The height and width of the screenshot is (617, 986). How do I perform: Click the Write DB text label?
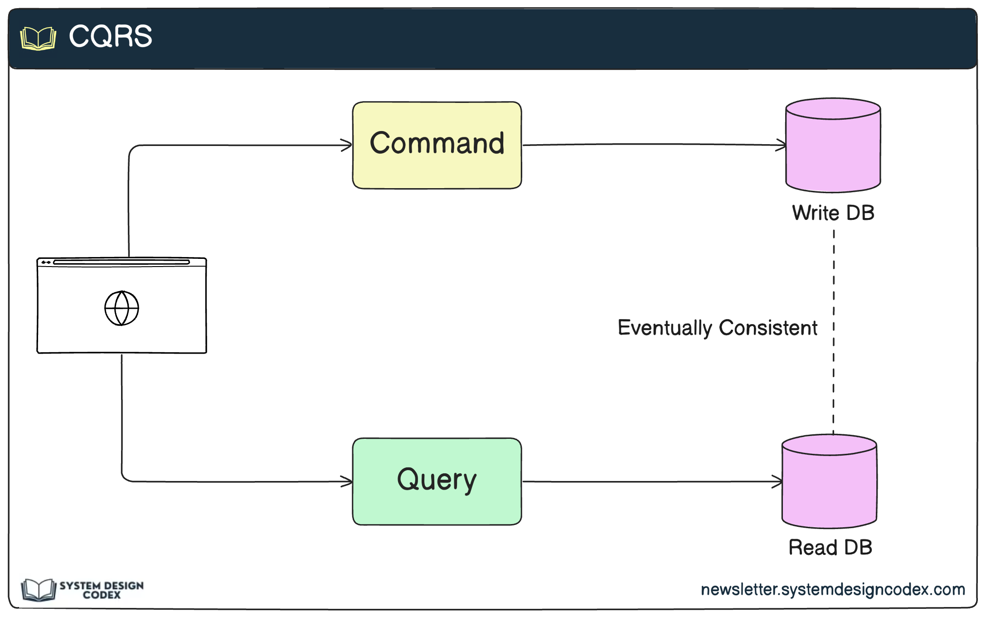click(833, 213)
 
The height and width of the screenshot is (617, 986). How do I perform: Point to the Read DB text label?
click(830, 547)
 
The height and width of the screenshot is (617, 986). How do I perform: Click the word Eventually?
click(665, 328)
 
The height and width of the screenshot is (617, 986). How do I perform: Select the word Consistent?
click(768, 328)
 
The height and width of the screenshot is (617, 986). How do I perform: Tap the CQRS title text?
click(110, 36)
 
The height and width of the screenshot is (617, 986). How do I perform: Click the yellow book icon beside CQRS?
click(39, 39)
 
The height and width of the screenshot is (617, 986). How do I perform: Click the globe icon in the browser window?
click(121, 308)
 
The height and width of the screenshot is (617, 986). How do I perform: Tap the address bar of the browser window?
click(121, 262)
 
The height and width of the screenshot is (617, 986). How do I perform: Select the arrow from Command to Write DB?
click(653, 145)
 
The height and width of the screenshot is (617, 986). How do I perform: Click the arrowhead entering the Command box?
click(347, 145)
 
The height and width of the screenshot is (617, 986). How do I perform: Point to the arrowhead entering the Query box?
click(347, 481)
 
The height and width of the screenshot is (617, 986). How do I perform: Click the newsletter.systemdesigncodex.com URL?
click(833, 589)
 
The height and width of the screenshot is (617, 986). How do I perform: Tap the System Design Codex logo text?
click(102, 590)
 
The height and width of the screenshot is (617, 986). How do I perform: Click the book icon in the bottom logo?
click(39, 590)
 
